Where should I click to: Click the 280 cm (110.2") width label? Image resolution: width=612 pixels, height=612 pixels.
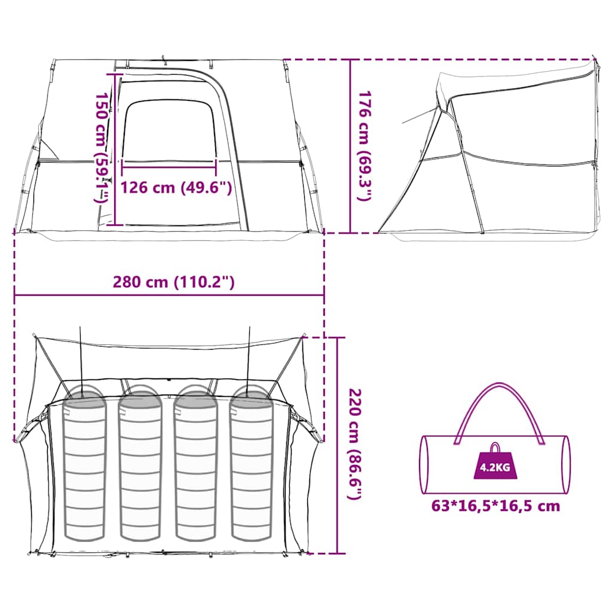coord(174,282)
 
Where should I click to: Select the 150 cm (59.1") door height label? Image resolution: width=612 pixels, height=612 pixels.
coord(102,148)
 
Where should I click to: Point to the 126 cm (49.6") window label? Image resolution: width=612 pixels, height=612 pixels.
coord(176,188)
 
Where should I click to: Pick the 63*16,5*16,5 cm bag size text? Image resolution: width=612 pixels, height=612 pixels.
coord(495,506)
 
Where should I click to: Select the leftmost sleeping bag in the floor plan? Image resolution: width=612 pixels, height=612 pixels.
coord(84,463)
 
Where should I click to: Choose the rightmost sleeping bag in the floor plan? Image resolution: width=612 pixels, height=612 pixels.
coord(252,463)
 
